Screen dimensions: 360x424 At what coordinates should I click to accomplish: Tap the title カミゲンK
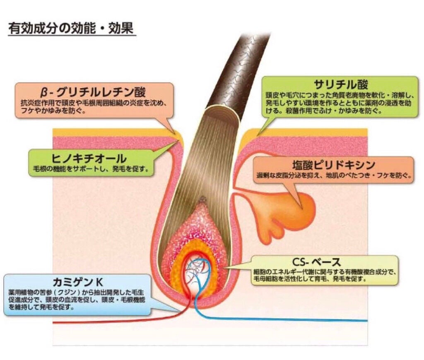77,282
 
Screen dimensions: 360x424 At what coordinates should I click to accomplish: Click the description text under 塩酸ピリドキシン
334,175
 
